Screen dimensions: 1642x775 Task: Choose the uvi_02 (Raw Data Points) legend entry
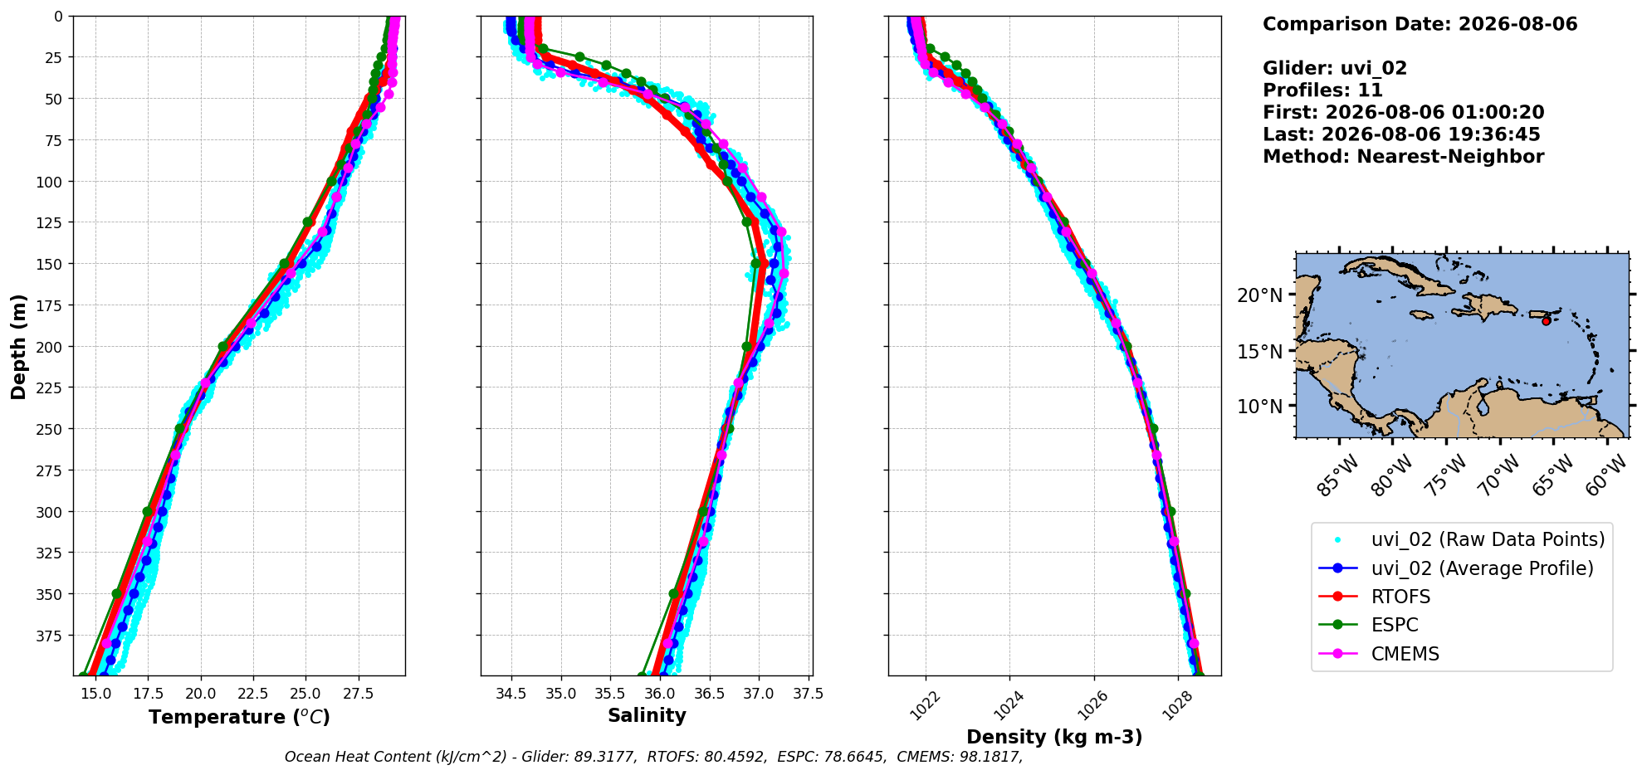coord(1462,539)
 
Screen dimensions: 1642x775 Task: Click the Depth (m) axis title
coord(18,346)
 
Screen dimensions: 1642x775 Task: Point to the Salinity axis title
coord(647,715)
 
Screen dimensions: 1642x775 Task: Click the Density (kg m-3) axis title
coord(1054,737)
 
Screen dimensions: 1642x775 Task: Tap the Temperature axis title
coord(239,717)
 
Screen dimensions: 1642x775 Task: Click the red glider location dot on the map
coord(1546,321)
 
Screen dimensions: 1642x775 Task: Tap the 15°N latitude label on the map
coord(1260,352)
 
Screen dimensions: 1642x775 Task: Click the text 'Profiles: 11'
coord(1323,90)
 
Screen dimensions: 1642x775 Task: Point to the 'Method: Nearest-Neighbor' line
coord(1404,157)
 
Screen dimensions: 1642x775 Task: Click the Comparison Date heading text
coord(1420,24)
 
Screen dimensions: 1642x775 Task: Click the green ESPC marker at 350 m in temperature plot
coord(117,594)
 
